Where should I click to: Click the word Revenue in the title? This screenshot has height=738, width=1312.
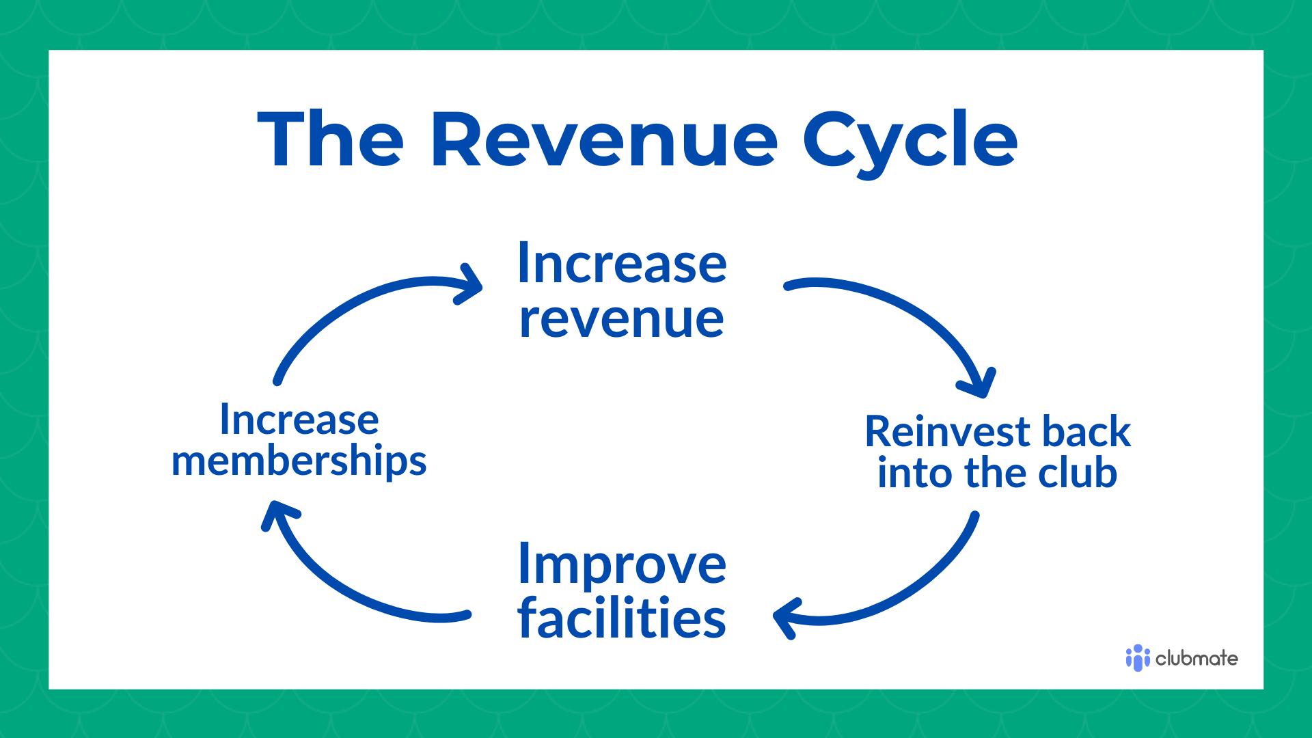(x=604, y=140)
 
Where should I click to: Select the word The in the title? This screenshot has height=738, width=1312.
(x=331, y=140)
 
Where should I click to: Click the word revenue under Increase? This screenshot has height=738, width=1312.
(x=621, y=320)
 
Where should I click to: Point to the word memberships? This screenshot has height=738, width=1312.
(x=299, y=462)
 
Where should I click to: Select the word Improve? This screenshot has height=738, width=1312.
(x=622, y=564)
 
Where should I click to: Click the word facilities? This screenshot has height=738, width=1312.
(x=622, y=618)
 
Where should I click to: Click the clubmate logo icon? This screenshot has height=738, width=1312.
(x=1137, y=658)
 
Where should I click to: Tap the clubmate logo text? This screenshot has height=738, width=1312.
(x=1197, y=659)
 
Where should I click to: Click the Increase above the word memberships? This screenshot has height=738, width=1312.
(x=299, y=420)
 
